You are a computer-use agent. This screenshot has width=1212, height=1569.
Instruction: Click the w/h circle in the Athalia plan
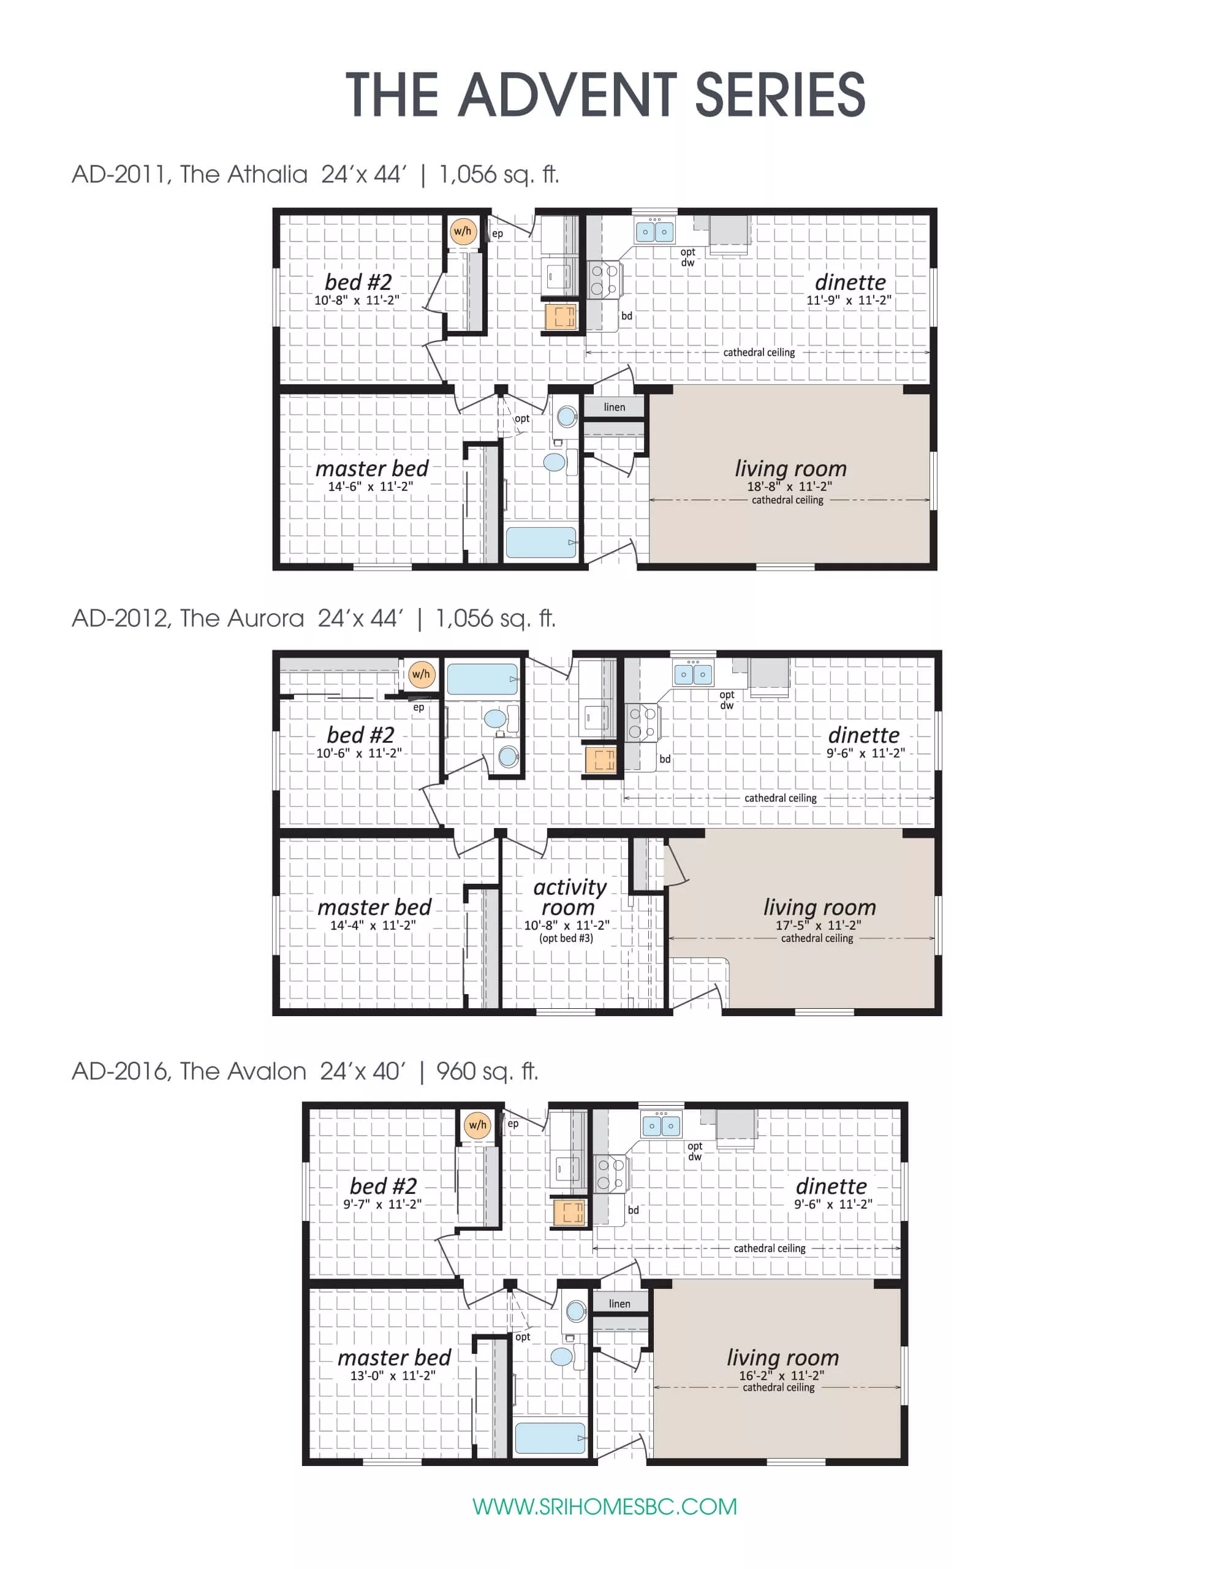pyautogui.click(x=463, y=231)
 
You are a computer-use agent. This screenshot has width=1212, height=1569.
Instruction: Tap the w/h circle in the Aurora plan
pyautogui.click(x=421, y=674)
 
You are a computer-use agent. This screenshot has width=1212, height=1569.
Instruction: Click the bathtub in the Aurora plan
pyautogui.click(x=482, y=679)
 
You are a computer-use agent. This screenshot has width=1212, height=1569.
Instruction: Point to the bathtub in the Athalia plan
pyautogui.click(x=540, y=543)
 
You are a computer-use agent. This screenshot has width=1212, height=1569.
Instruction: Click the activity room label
pyautogui.click(x=569, y=897)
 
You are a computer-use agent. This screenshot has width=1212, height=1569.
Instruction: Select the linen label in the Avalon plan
pyautogui.click(x=619, y=1304)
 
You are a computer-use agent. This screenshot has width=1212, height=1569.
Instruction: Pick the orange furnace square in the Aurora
pyautogui.click(x=601, y=760)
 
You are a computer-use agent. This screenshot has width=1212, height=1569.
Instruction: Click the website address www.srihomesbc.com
pyautogui.click(x=605, y=1506)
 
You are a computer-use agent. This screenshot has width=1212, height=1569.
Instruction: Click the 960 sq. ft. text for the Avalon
pyautogui.click(x=487, y=1071)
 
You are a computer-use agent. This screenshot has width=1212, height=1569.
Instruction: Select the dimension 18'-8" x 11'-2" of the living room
pyautogui.click(x=789, y=487)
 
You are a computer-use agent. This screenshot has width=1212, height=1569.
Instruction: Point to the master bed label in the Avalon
pyautogui.click(x=394, y=1357)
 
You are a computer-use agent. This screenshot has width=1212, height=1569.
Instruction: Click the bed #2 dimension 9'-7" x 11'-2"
pyautogui.click(x=382, y=1204)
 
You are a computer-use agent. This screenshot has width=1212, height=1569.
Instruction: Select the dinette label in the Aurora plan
pyautogui.click(x=863, y=735)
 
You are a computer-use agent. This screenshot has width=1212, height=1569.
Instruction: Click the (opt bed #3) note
pyautogui.click(x=566, y=938)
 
